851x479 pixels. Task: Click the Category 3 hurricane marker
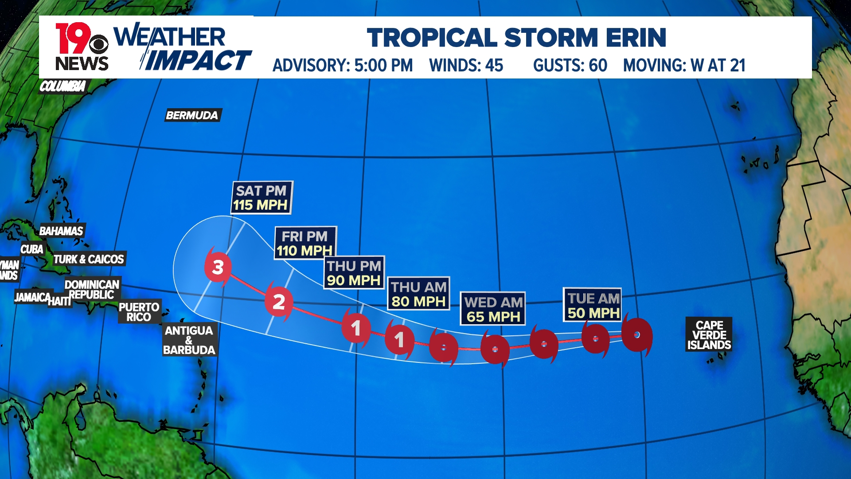click(218, 267)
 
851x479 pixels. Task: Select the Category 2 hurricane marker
click(278, 302)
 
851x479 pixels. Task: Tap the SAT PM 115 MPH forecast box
click(262, 198)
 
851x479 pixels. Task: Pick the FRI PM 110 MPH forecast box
click(305, 243)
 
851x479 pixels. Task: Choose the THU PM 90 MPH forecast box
click(354, 273)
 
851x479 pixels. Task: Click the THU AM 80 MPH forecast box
click(418, 294)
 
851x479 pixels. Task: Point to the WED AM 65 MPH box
click(493, 309)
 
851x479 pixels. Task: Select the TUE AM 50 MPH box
click(593, 306)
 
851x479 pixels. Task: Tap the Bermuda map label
click(192, 115)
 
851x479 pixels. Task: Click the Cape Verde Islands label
click(709, 335)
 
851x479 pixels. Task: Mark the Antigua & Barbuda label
click(189, 340)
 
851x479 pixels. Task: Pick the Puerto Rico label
click(139, 312)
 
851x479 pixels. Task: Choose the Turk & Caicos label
click(89, 259)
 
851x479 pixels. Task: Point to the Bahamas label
click(61, 231)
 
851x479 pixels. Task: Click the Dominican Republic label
click(92, 289)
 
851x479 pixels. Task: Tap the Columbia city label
click(62, 86)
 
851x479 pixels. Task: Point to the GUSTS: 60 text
click(570, 66)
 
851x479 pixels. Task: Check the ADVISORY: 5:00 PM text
click(343, 66)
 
